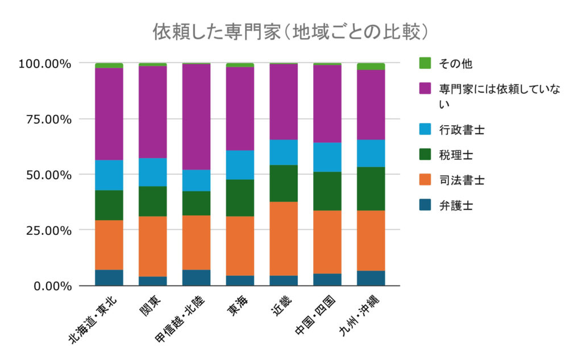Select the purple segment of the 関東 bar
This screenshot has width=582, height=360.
(153, 112)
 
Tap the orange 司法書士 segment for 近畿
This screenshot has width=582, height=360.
(284, 238)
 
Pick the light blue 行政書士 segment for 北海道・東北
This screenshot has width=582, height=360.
(109, 175)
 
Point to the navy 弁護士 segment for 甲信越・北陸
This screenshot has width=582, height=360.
(197, 278)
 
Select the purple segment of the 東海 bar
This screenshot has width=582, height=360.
(240, 109)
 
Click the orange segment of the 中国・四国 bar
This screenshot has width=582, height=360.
(327, 242)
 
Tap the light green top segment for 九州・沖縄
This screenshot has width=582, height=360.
(371, 67)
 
